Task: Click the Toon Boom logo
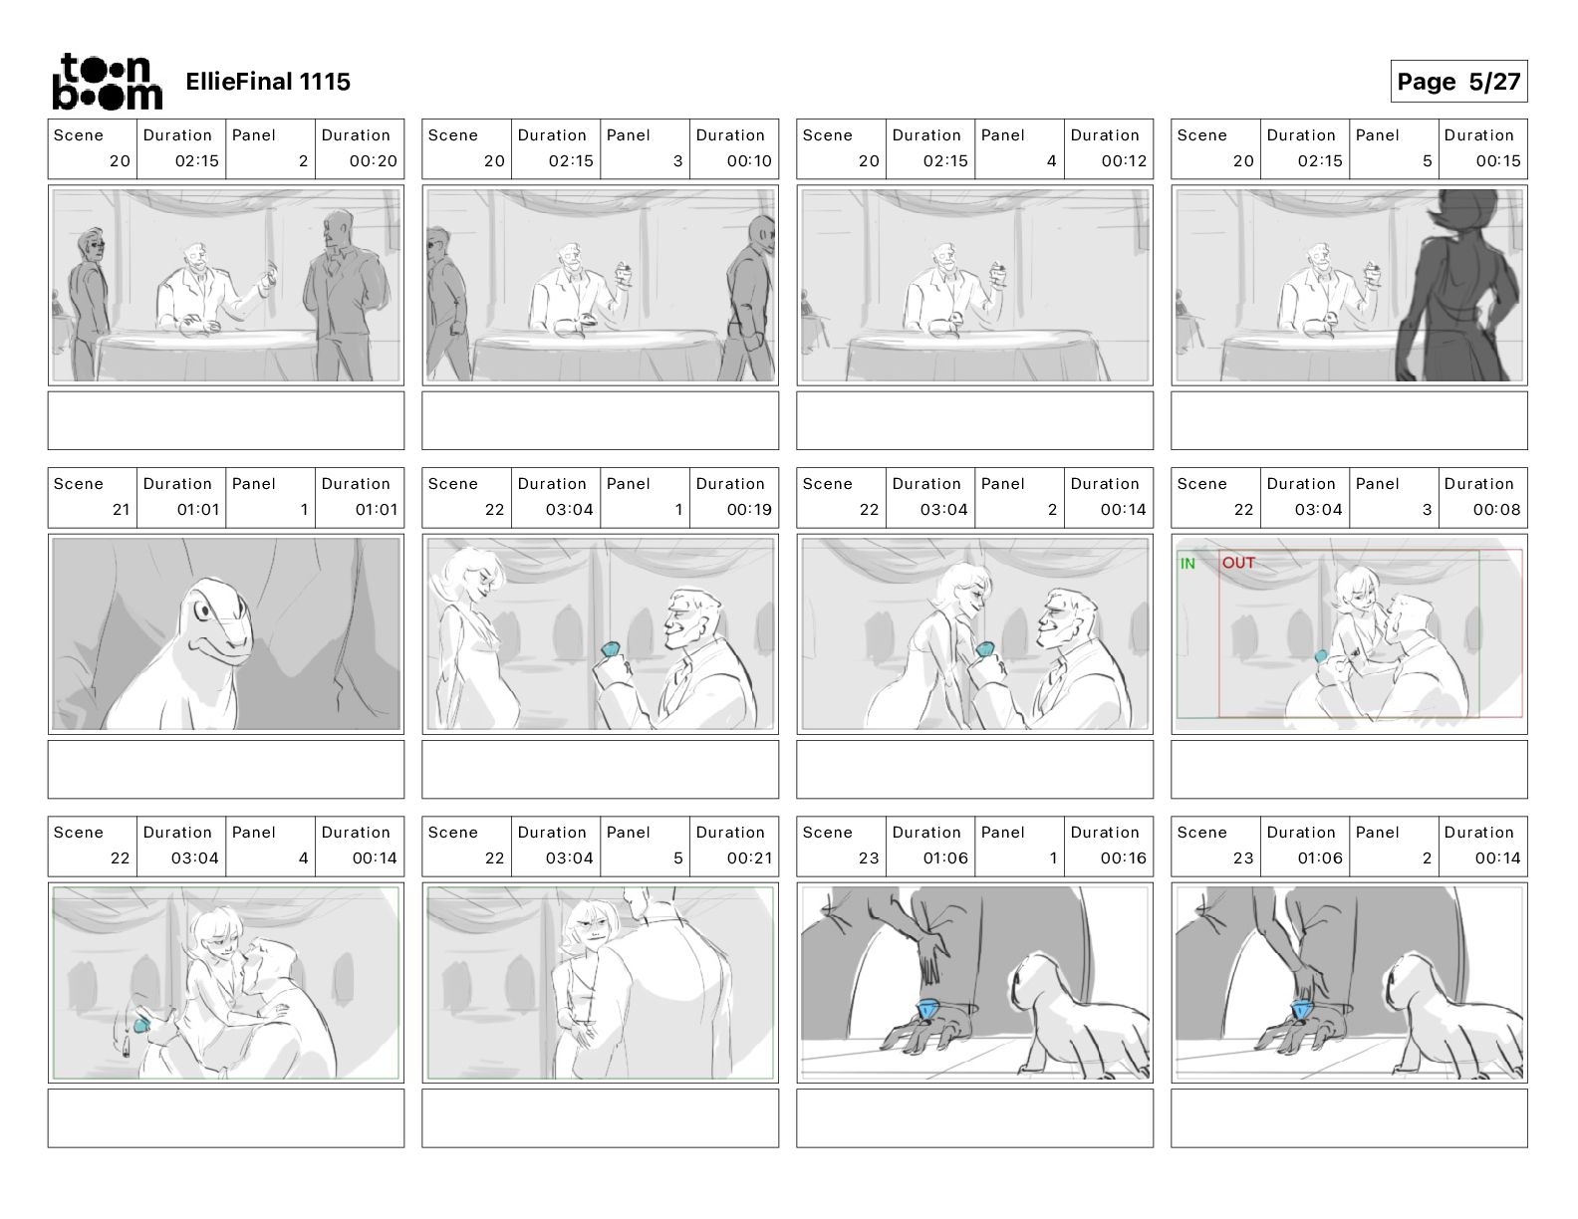point(108,82)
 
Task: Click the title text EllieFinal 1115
point(268,82)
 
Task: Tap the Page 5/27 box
point(1458,82)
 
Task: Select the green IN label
point(1187,564)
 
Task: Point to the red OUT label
point(1238,563)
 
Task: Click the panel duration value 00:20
point(374,161)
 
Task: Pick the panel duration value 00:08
point(1496,510)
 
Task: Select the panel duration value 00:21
point(749,858)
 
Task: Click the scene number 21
point(122,510)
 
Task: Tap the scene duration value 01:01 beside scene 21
point(198,510)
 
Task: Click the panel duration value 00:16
point(1124,858)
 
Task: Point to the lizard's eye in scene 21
point(205,609)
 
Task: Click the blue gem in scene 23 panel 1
point(927,1009)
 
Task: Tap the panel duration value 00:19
point(749,510)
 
